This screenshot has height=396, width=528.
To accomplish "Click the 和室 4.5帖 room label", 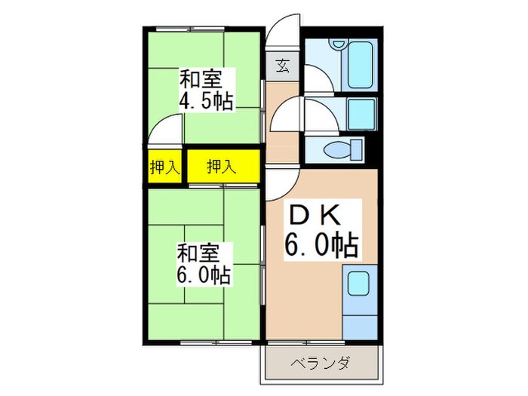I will pos(204,90).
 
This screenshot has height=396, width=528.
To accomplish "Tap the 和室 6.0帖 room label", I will pos(204,263).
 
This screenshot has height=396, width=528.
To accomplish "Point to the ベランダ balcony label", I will pos(320,364).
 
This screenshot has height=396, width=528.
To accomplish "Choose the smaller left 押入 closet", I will pos(164,167).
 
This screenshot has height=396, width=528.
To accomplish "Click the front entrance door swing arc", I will pos(284,33).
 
